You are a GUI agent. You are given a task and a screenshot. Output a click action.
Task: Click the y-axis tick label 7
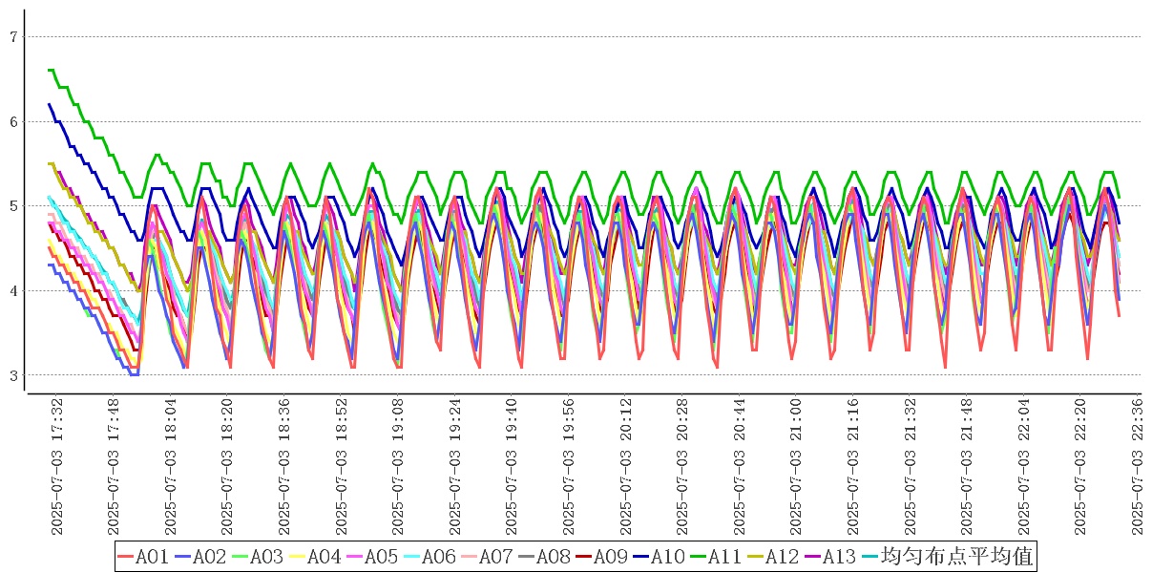tap(13, 37)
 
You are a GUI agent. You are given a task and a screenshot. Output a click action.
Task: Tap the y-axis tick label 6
tap(13, 121)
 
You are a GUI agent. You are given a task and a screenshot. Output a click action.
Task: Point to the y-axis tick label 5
tap(13, 206)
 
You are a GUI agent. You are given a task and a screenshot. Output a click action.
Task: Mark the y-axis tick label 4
tap(13, 290)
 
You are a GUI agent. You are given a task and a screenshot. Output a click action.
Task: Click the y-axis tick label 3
tap(13, 375)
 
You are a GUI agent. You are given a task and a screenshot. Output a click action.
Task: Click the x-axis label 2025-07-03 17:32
tap(56, 466)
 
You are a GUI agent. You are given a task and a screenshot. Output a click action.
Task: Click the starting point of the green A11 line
tap(49, 70)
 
